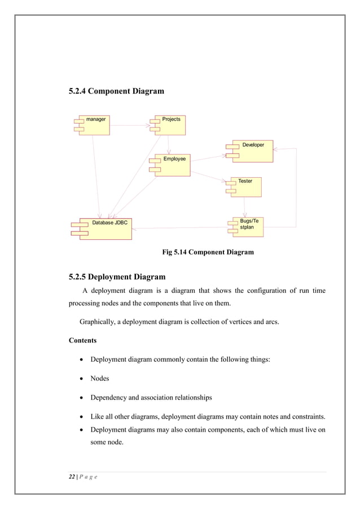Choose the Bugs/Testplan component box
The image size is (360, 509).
tap(248, 227)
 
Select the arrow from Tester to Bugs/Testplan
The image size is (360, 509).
tap(244, 206)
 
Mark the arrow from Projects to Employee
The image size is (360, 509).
tap(168, 144)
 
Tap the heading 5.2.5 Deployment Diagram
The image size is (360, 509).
tap(117, 277)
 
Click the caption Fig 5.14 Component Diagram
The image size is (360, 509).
tap(208, 252)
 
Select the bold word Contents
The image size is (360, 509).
tap(83, 341)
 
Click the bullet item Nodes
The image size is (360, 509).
tap(100, 378)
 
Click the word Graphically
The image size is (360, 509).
tap(99, 322)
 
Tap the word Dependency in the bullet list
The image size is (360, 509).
tap(111, 397)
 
